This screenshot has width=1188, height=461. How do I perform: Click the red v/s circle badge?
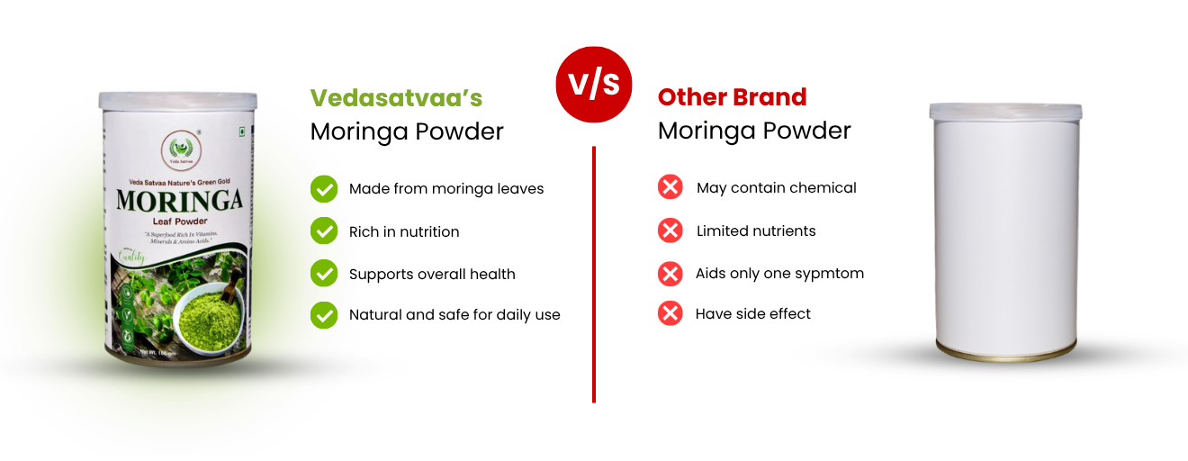click(x=594, y=84)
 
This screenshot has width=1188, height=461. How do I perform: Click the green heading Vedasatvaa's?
click(x=396, y=97)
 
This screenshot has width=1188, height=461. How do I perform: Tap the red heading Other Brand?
click(x=732, y=97)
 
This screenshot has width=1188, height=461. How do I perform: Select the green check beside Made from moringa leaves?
click(x=324, y=189)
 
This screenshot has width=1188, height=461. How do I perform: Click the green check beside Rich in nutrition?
click(x=324, y=231)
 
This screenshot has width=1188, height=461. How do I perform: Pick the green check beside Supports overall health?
click(x=324, y=274)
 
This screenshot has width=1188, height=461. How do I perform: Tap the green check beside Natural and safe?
click(x=324, y=315)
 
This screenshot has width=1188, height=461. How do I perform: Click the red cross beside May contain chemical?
click(x=670, y=188)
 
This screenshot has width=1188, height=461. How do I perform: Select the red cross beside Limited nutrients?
click(x=670, y=230)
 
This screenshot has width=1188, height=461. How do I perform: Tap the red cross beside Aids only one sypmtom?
click(x=670, y=273)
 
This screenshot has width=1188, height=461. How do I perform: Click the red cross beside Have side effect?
click(x=670, y=313)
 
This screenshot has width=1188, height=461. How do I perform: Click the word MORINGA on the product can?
click(x=179, y=200)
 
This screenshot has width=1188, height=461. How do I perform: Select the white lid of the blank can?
click(x=1003, y=111)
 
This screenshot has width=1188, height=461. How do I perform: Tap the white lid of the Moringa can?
click(x=177, y=99)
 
